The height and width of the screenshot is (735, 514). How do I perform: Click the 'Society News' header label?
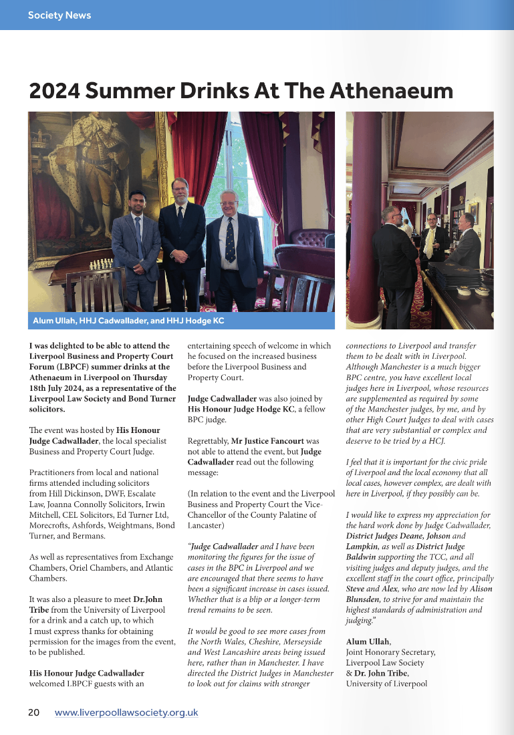[x=59, y=15]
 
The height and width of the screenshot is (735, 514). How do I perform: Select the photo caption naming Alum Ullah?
[x=128, y=321]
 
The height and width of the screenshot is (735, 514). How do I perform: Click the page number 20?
[x=33, y=712]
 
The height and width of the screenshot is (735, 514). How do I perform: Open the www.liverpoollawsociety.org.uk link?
[x=126, y=712]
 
